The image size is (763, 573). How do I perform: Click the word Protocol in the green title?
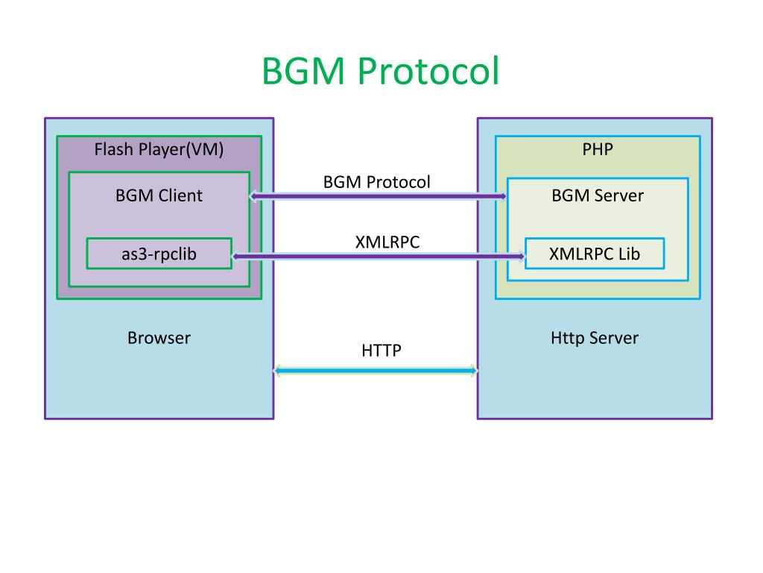coord(428,71)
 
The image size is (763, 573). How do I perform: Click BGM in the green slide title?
coord(303,71)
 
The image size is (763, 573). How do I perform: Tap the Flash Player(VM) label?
coord(159,149)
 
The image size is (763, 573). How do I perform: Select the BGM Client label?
coord(159,195)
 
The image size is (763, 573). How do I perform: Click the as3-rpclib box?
coord(159,254)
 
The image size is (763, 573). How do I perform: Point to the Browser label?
coord(159,338)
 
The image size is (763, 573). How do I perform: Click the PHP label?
coord(598,149)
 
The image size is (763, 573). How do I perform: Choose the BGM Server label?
coord(598,195)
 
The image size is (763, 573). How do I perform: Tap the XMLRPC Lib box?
coord(595,254)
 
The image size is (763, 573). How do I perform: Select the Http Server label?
coord(595,338)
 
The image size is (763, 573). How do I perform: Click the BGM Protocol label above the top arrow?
coord(376,182)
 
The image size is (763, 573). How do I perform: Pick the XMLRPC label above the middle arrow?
coord(387,242)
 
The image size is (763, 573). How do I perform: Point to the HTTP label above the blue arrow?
coord(381,351)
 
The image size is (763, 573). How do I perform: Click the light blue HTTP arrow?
coord(376,371)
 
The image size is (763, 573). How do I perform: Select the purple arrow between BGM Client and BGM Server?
coord(378,196)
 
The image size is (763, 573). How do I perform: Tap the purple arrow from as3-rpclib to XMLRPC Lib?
coord(379,257)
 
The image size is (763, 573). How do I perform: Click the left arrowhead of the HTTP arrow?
coord(277,371)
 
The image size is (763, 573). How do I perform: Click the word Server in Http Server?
coord(614,338)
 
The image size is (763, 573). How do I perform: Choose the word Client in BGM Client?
coord(180,195)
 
